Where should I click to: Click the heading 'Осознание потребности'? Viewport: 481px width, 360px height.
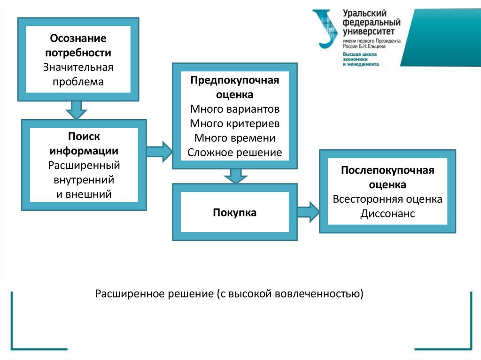click(78, 46)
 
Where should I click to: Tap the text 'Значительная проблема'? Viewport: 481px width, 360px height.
click(78, 74)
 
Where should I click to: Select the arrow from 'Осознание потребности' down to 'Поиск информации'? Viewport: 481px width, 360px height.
click(77, 110)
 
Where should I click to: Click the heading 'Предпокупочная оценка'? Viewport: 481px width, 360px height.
click(234, 87)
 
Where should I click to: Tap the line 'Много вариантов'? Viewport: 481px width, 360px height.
click(234, 109)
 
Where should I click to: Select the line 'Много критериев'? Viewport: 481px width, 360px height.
click(234, 123)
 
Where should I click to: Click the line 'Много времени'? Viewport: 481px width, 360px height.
click(234, 138)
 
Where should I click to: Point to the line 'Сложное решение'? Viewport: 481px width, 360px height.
click(234, 153)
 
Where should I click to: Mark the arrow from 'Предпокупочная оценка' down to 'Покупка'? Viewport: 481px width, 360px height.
click(235, 176)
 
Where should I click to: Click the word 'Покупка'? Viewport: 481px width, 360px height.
click(234, 213)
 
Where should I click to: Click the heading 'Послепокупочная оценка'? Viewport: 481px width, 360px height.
click(388, 177)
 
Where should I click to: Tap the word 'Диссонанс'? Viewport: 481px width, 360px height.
click(388, 214)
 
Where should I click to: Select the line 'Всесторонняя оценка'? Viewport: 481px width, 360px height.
click(388, 199)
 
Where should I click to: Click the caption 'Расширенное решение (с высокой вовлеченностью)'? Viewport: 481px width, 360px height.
click(229, 294)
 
